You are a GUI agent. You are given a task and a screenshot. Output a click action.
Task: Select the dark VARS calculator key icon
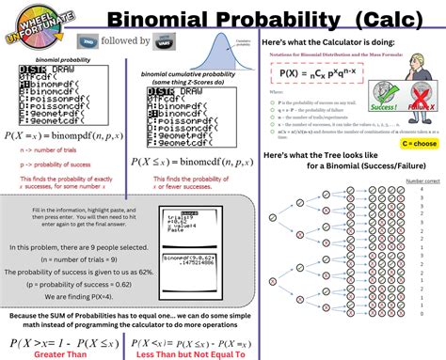coord(193,42)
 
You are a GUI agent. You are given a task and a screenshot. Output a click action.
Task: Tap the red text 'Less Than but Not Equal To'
coord(193,354)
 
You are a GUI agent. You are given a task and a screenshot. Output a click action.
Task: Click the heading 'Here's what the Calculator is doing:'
coord(327,43)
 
